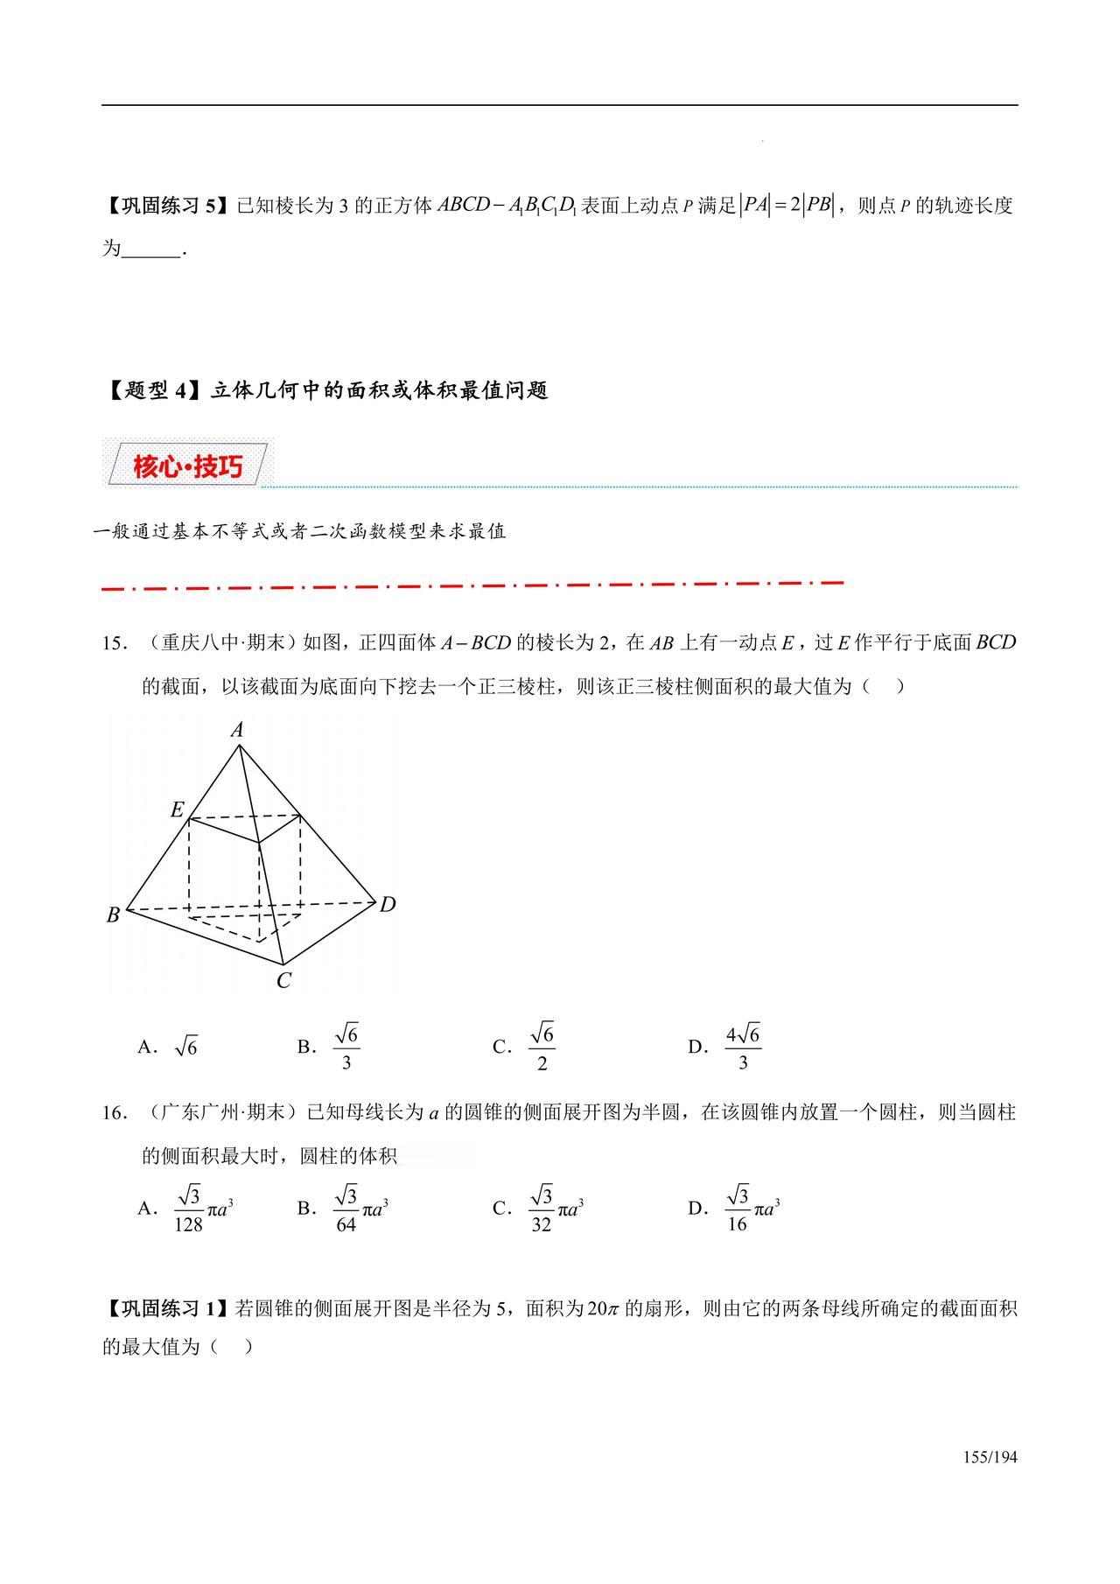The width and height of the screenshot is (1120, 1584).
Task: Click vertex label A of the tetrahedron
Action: (x=237, y=730)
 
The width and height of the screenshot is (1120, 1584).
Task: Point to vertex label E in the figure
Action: (x=178, y=810)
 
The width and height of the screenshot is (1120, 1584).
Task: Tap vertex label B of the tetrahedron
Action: (x=114, y=915)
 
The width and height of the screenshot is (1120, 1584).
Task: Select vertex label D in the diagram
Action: (x=388, y=904)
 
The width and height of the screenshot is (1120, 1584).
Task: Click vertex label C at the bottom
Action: (x=283, y=981)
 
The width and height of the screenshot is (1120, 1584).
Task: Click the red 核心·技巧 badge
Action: (x=187, y=466)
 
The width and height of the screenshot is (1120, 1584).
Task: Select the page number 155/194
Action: (x=990, y=1457)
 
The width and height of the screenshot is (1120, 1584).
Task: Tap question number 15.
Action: (x=115, y=643)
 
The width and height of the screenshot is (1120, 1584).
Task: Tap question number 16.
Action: (x=115, y=1113)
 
